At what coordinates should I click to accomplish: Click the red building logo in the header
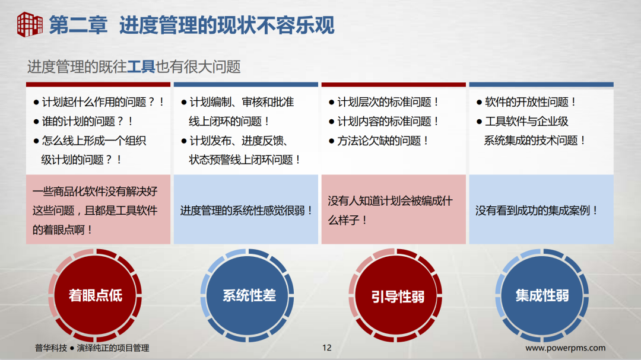tap(29, 24)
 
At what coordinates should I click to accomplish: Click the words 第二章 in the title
tap(78, 25)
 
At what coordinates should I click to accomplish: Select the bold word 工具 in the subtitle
tap(141, 66)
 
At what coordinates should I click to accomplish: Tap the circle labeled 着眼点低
tap(96, 295)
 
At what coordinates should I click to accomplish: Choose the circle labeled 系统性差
tap(249, 295)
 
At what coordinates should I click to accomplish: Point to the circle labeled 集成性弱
tap(542, 295)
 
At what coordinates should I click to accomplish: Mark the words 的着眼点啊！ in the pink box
tap(63, 229)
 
